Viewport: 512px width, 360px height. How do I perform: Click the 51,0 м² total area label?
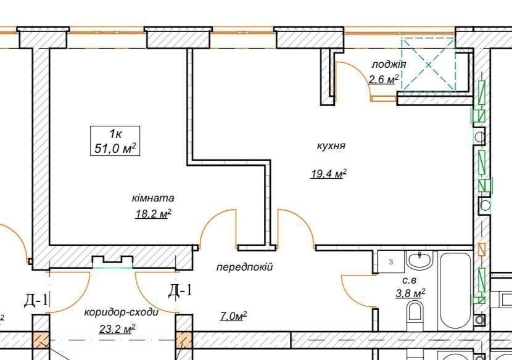pyautogui.click(x=115, y=149)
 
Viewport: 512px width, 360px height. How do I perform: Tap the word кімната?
pyautogui.click(x=153, y=198)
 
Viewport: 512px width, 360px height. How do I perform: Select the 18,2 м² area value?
pyautogui.click(x=154, y=214)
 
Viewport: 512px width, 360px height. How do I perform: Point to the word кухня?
pyautogui.click(x=331, y=145)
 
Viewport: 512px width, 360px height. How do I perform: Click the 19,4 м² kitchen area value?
pyautogui.click(x=329, y=174)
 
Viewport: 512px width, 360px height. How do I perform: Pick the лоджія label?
pyautogui.click(x=389, y=64)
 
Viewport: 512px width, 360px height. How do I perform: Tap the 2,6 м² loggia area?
pyautogui.click(x=384, y=80)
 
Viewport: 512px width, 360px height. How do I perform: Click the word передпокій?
pyautogui.click(x=244, y=268)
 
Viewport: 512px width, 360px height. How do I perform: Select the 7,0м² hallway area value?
pyautogui.click(x=233, y=316)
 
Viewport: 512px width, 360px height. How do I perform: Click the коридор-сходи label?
pyautogui.click(x=122, y=313)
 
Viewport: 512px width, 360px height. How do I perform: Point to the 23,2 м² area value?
pyautogui.click(x=117, y=329)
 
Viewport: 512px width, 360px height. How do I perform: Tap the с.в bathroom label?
pyautogui.click(x=409, y=280)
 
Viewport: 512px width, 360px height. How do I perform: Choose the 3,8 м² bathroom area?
pyautogui.click(x=410, y=293)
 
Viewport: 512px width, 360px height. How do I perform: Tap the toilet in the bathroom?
pyautogui.click(x=415, y=313)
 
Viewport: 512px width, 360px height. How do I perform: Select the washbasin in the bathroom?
pyautogui.click(x=419, y=260)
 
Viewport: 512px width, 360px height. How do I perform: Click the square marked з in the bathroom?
pyautogui.click(x=391, y=262)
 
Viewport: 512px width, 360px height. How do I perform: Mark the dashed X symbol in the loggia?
pyautogui.click(x=428, y=63)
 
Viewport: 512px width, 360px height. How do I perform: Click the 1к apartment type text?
pyautogui.click(x=115, y=134)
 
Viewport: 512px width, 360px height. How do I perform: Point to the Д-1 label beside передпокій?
pyautogui.click(x=180, y=290)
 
